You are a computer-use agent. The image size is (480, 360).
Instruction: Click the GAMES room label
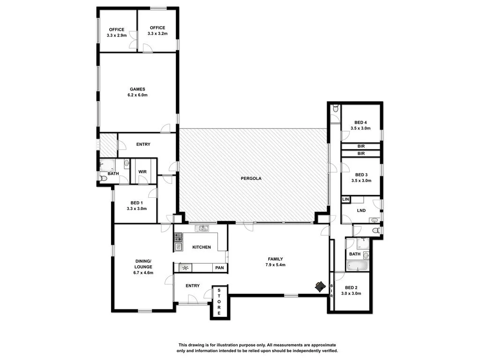point(137,89)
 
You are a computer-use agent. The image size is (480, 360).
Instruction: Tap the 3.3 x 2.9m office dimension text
point(117,35)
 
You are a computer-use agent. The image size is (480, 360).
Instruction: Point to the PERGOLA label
point(252,179)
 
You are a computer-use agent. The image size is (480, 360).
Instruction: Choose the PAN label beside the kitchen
point(219,268)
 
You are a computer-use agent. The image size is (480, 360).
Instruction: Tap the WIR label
point(142,172)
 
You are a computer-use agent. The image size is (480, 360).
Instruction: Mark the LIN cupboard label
point(345,200)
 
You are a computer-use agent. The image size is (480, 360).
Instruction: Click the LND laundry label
point(361,210)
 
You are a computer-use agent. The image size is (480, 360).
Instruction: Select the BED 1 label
point(136,202)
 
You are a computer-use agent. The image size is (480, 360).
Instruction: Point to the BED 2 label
point(352,288)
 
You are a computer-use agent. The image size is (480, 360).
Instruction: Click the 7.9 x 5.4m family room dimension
point(275,265)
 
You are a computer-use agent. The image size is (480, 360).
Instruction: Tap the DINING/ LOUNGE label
point(143,263)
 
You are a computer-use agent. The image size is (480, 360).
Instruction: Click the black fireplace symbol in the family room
point(321,286)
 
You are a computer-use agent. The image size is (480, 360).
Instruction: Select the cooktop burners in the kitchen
point(178,237)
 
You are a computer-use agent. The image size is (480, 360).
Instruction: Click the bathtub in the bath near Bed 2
point(358,266)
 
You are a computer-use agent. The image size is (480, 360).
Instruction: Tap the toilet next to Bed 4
point(335,109)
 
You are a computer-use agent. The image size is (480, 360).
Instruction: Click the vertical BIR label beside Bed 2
point(331,291)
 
